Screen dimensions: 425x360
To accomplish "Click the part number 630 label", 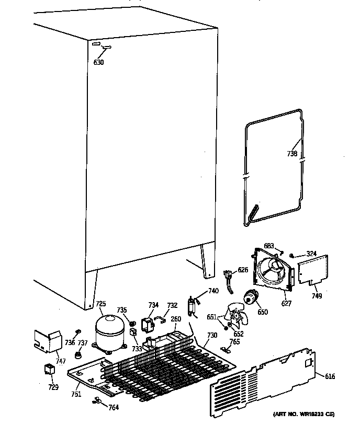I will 98,63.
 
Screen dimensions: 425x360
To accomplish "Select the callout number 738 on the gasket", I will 292,154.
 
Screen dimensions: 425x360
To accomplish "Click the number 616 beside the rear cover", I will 330,376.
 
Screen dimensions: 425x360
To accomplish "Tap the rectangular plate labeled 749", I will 312,271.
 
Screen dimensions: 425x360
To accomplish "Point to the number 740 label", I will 213,291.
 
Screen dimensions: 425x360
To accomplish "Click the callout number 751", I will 76,394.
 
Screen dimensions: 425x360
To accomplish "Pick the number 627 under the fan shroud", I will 286,303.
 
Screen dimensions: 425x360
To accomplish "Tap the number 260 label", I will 176,318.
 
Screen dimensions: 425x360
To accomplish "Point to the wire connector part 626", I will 229,277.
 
